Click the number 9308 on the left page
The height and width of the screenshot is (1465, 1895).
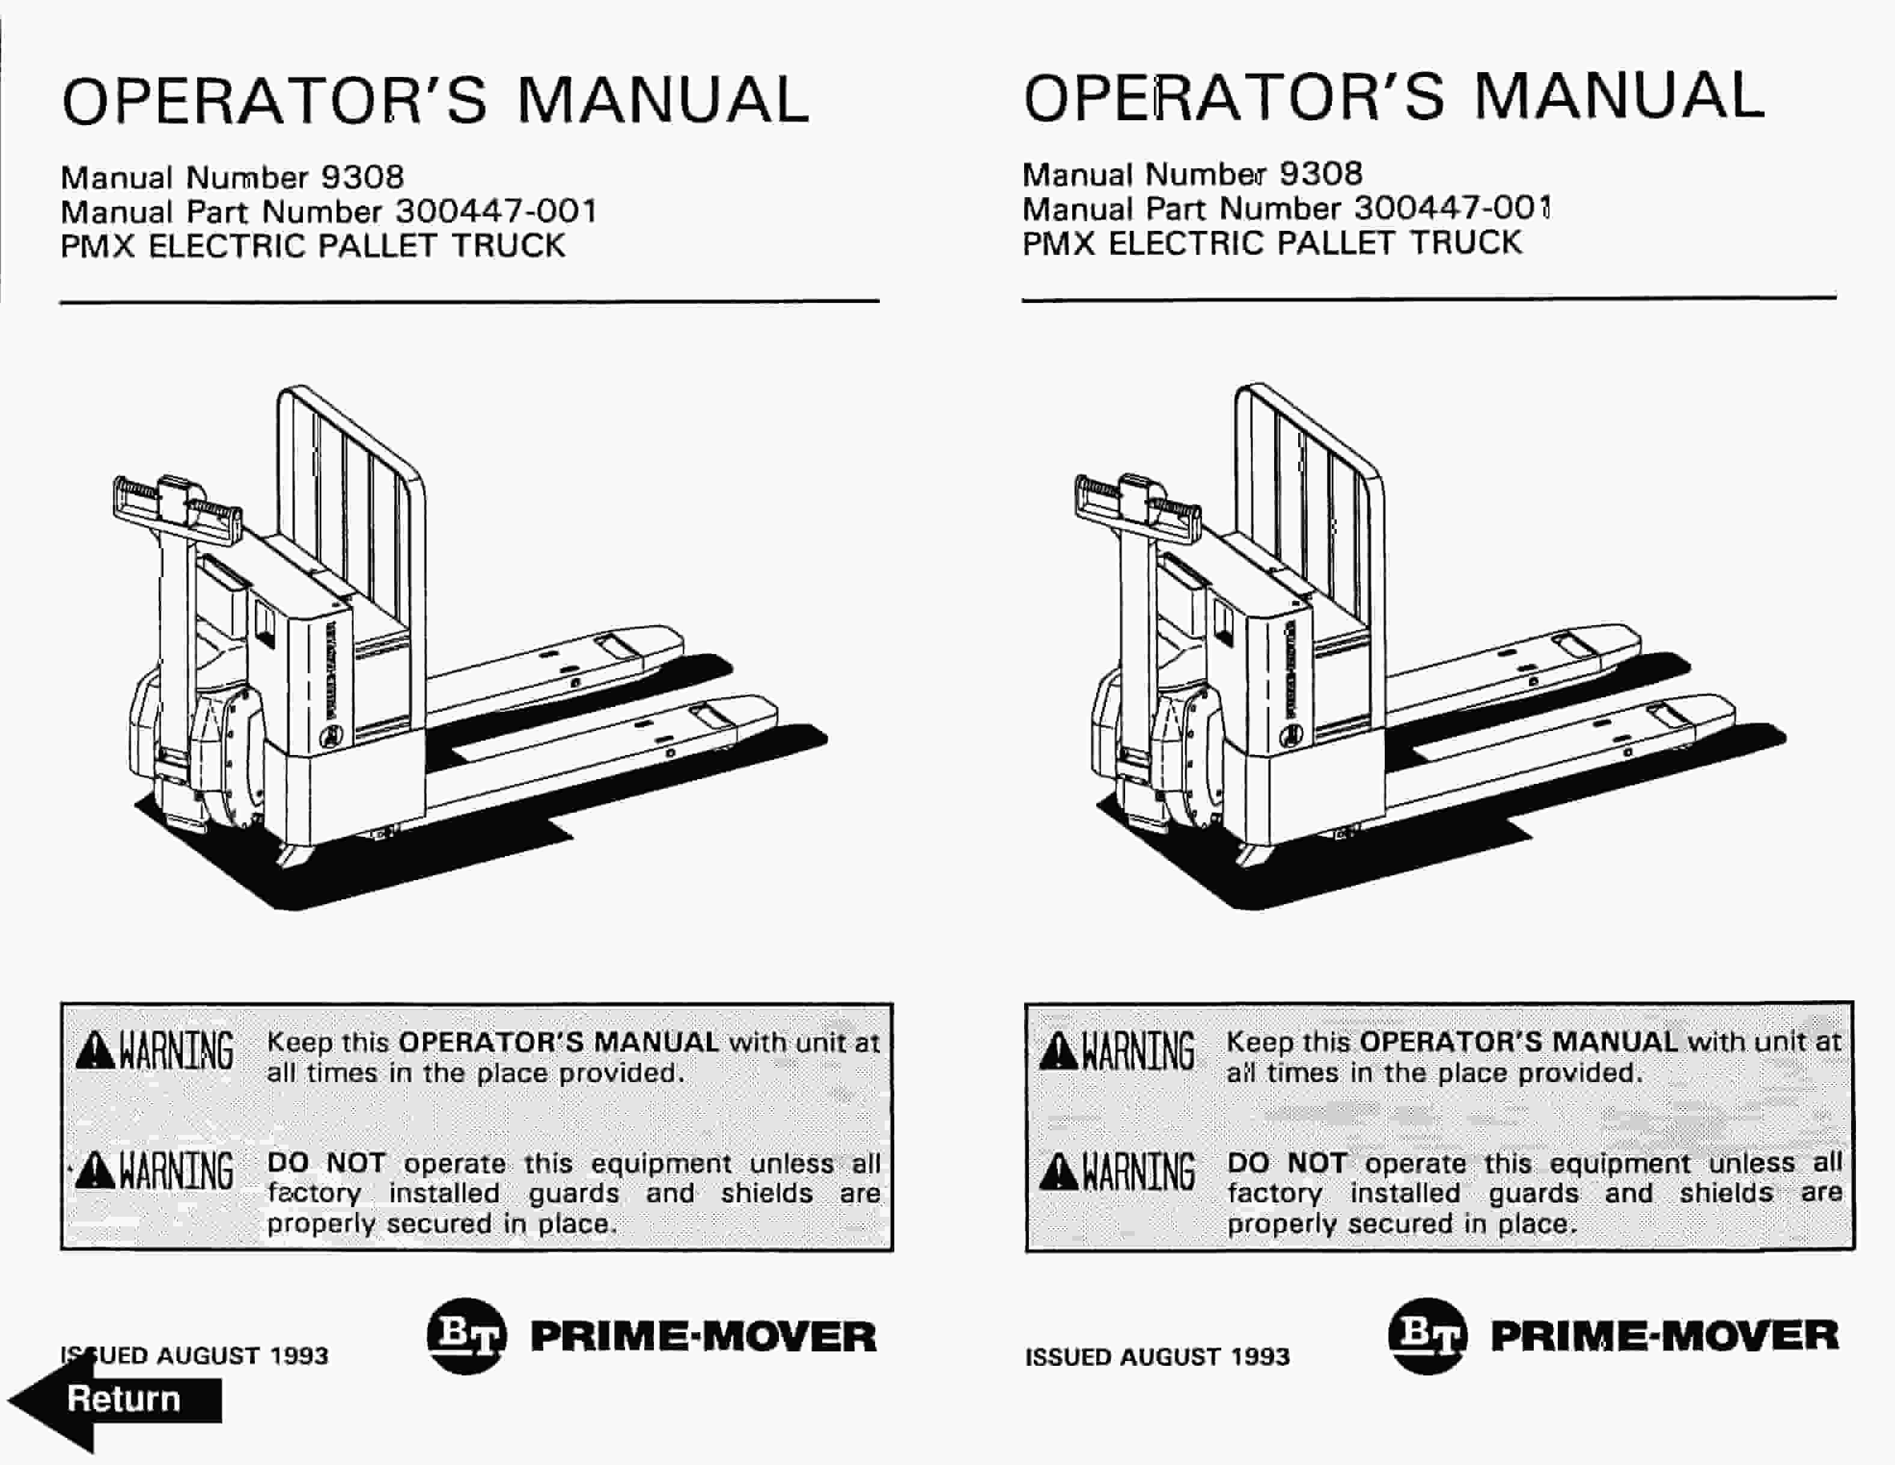point(362,177)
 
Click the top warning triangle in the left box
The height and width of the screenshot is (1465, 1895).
point(94,1052)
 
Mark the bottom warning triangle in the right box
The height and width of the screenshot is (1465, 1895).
point(1058,1172)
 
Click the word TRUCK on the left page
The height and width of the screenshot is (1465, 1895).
point(508,246)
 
